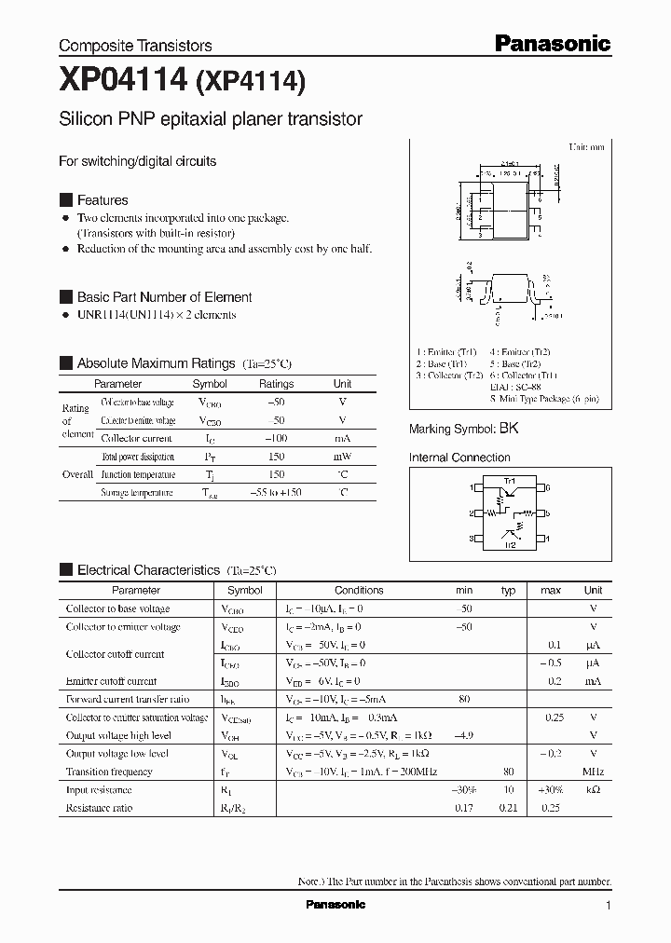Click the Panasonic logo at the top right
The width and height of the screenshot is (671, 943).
pyautogui.click(x=552, y=43)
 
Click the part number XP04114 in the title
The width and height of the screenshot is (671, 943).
pyautogui.click(x=122, y=82)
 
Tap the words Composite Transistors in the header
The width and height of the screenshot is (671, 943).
pyautogui.click(x=135, y=46)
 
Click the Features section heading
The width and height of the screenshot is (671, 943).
pyautogui.click(x=103, y=200)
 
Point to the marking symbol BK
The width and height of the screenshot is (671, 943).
pyautogui.click(x=509, y=430)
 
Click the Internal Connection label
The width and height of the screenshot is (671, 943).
pyautogui.click(x=459, y=458)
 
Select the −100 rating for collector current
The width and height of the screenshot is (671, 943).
pyautogui.click(x=276, y=438)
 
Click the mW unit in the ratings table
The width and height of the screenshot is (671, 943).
pyautogui.click(x=342, y=457)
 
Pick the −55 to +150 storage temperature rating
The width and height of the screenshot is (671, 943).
pyautogui.click(x=276, y=492)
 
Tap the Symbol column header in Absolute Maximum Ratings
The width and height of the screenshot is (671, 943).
pyautogui.click(x=210, y=384)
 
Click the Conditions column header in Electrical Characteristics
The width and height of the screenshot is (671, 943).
pyautogui.click(x=359, y=590)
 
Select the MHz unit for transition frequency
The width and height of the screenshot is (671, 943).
pyautogui.click(x=593, y=772)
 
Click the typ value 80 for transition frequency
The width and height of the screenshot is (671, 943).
pyautogui.click(x=509, y=772)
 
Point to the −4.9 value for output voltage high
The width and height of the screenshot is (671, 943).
pyautogui.click(x=464, y=735)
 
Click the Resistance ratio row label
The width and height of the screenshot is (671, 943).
pyautogui.click(x=99, y=808)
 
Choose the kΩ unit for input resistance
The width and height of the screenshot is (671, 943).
pyautogui.click(x=593, y=790)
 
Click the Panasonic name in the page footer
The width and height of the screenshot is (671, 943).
pyautogui.click(x=335, y=905)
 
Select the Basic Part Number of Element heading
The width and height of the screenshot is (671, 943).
pyautogui.click(x=164, y=297)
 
